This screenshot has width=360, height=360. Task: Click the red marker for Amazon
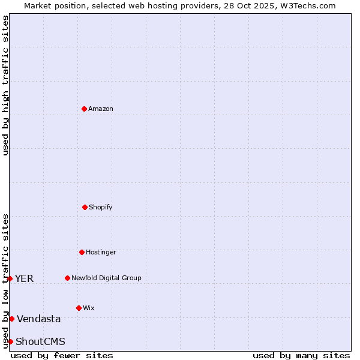84,109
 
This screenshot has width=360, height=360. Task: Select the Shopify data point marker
85,207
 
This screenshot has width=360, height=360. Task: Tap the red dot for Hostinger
82,252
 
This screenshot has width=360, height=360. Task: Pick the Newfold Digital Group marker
67,278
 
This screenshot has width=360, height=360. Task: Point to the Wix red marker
79,308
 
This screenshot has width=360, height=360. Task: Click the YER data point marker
10,278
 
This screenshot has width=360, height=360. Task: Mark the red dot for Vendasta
11,319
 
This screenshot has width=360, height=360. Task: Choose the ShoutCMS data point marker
10,341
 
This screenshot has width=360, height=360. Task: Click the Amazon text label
101,109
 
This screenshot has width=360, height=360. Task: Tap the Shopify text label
101,208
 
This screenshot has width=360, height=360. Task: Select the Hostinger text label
101,253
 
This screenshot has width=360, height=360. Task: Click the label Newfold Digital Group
106,278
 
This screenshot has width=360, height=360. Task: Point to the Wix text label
89,308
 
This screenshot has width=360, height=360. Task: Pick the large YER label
25,278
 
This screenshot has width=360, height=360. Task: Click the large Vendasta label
39,319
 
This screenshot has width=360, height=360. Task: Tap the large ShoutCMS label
40,342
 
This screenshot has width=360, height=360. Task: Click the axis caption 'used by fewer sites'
62,355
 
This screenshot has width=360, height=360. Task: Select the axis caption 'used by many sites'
301,355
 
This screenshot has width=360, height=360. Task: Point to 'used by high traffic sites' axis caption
5,85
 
